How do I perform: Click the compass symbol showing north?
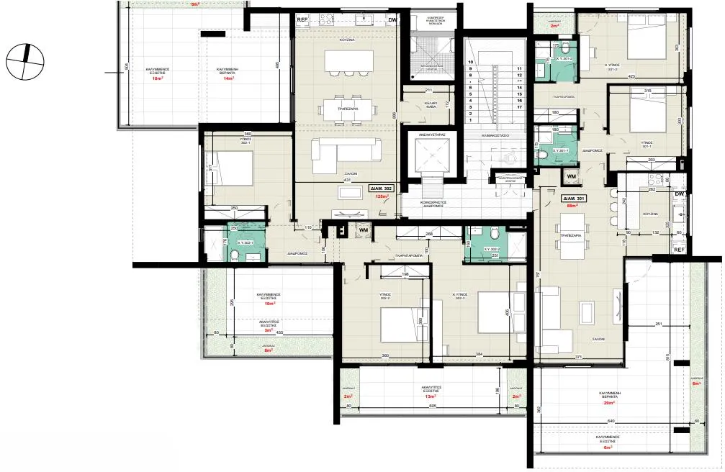pos(24,60)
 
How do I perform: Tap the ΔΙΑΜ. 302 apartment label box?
pos(379,188)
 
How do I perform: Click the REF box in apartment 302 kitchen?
pos(303,20)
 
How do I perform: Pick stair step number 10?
pos(470,63)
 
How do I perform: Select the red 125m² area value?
pos(379,196)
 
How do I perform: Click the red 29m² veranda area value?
pos(608,403)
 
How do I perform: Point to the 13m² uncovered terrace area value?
pos(431,396)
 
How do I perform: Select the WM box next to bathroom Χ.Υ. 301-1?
pos(571,176)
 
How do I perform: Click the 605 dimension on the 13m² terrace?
pos(432,406)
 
